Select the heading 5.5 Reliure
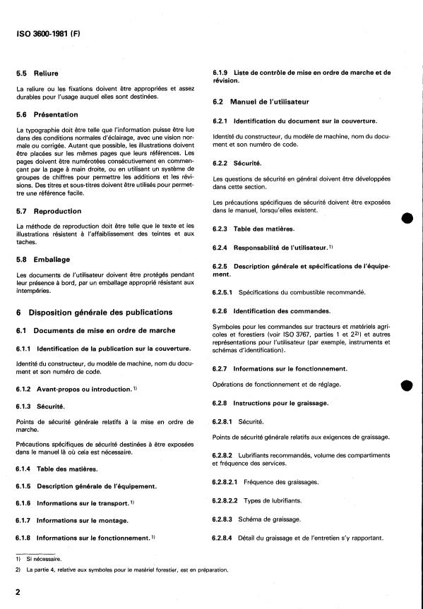37,73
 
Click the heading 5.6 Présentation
47,114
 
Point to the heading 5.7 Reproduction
49,211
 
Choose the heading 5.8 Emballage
43,259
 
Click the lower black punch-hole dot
406,385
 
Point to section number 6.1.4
23,469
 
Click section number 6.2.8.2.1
226,481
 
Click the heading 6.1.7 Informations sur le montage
72,520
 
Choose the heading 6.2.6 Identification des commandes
274,310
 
